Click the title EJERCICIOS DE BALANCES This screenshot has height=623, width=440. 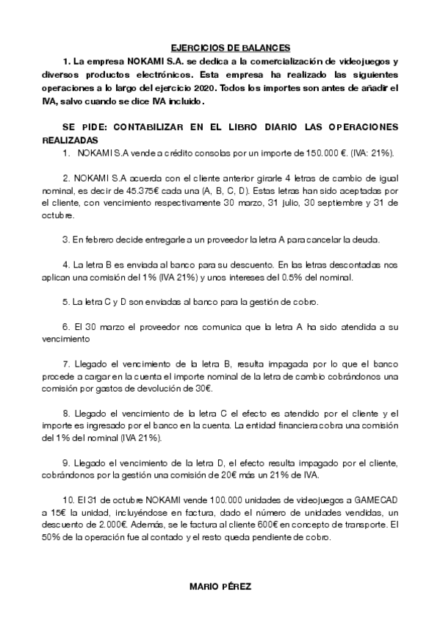pyautogui.click(x=220, y=46)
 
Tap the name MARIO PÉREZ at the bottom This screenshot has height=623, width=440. pyautogui.click(x=220, y=587)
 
